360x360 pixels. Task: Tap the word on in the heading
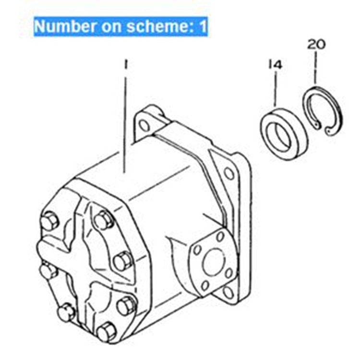click(x=106, y=26)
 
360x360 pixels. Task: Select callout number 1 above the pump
click(x=126, y=63)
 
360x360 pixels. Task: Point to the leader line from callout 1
click(x=126, y=120)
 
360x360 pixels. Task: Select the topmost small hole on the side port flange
click(x=220, y=236)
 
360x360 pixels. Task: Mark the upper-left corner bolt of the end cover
click(x=49, y=222)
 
